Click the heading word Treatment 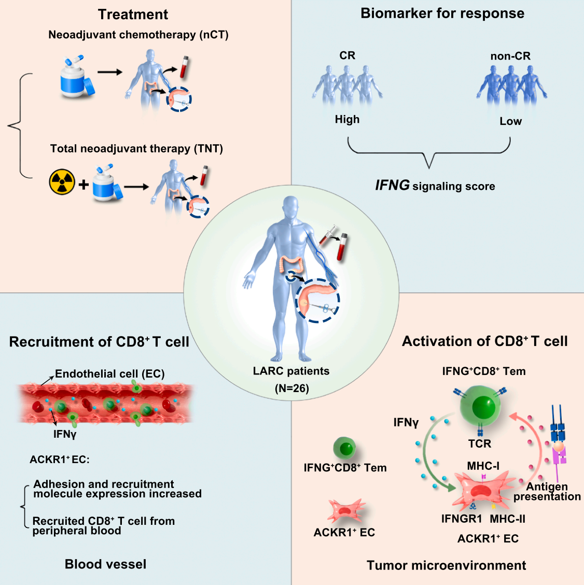pos(133,15)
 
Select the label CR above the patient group pos(347,55)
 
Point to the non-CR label pos(510,56)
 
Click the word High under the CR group pos(347,119)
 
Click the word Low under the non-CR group pos(510,121)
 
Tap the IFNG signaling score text pos(435,186)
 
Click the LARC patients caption pos(291,371)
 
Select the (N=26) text pos(291,388)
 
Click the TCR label pos(479,444)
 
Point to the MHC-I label pos(483,466)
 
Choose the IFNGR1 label pos(462,519)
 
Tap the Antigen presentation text pos(547,492)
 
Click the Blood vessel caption pos(105,564)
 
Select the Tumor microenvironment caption pos(446,565)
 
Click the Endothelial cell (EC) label pos(109,374)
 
